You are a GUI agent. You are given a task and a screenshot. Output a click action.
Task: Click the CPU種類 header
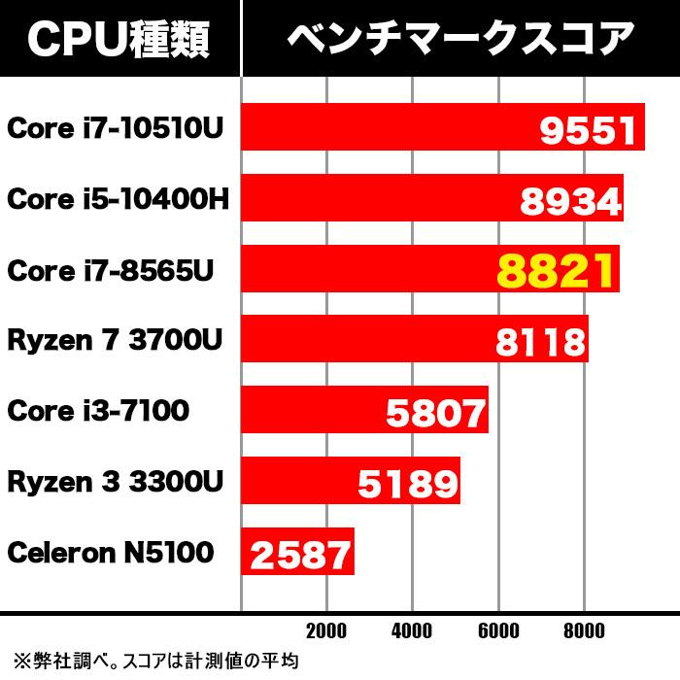coord(119,39)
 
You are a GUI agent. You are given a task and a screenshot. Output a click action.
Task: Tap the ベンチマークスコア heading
coord(460,39)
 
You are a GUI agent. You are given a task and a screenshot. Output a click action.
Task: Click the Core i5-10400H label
coord(118,199)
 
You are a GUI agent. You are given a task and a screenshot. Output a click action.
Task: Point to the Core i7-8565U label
coord(109,270)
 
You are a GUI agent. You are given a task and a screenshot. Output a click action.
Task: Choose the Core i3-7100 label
coord(97,411)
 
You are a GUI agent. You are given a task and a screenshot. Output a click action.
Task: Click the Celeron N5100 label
coord(110,553)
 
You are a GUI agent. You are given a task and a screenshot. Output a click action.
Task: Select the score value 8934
coord(570,201)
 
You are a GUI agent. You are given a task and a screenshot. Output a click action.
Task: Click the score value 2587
coord(300,555)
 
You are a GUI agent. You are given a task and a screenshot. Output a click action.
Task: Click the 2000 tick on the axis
coord(325,630)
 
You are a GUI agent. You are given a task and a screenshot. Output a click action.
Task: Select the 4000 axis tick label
coord(412,630)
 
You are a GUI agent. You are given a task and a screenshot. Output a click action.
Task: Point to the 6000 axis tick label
coord(498,630)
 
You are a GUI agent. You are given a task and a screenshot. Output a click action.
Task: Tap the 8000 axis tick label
coord(584,630)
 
